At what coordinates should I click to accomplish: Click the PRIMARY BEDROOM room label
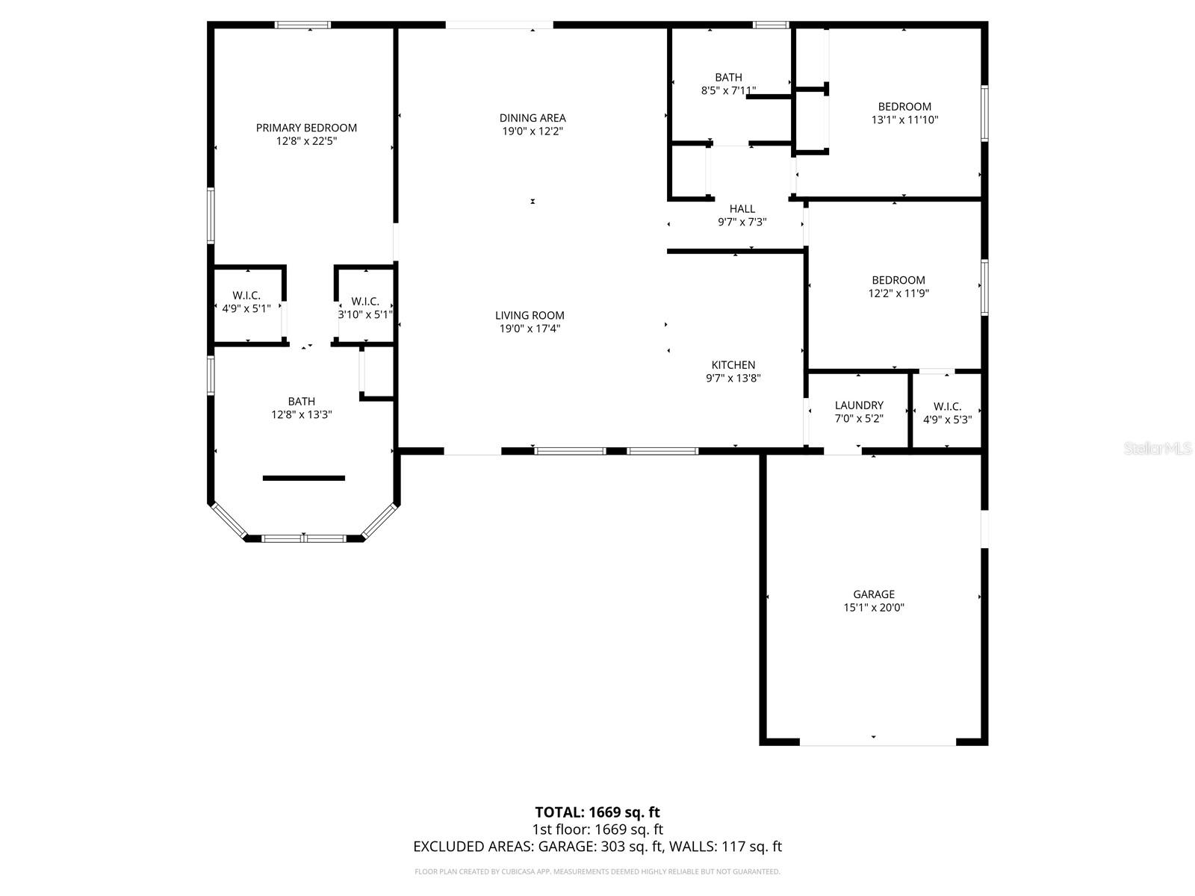pos(306,128)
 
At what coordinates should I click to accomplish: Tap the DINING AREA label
pos(533,118)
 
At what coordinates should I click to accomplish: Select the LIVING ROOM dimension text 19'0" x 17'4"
pos(530,329)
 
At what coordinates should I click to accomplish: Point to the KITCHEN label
pos(733,365)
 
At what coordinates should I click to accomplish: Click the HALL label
pos(742,209)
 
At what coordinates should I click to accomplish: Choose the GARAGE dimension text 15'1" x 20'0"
pos(874,608)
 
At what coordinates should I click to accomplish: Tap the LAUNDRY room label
pos(859,405)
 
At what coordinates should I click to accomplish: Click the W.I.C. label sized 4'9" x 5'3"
pos(947,407)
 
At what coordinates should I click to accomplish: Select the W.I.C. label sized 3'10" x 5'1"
pos(365,302)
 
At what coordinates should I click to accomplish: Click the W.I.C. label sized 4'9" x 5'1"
pos(246,296)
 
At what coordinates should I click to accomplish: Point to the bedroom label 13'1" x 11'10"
pos(904,107)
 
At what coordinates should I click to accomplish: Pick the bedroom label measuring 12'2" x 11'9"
pos(898,281)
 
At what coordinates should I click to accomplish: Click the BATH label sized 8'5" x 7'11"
pos(728,78)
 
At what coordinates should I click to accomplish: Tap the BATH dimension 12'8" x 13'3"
pos(302,414)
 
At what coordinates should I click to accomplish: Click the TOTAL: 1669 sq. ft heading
pos(597,812)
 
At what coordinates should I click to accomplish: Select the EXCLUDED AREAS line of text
pos(597,847)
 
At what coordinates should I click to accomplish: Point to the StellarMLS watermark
pos(1158,449)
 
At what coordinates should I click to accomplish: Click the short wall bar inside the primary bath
pos(304,478)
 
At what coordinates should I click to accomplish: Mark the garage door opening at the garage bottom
pos(878,742)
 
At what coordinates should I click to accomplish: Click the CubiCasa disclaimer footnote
pos(597,871)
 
